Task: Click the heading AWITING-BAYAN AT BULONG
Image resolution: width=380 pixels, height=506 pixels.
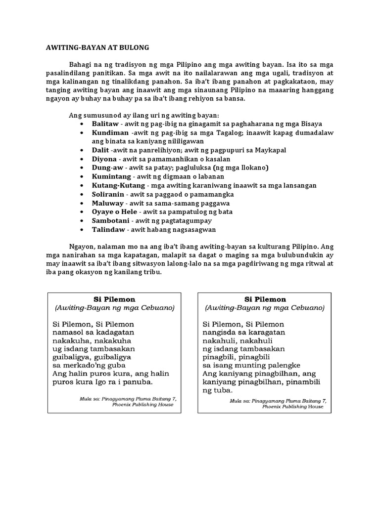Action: [94, 47]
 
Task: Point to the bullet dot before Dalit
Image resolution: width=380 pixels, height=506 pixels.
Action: [82, 150]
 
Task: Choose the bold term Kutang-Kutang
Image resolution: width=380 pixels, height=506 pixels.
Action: [118, 185]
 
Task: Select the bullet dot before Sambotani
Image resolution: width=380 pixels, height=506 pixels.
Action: [82, 221]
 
